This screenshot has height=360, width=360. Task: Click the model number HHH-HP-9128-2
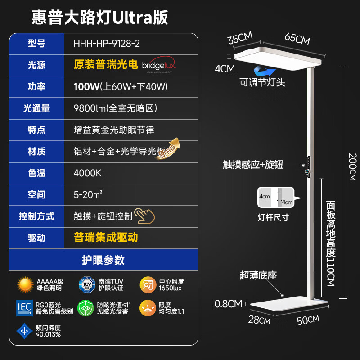click(107, 44)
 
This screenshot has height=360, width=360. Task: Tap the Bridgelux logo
click(160, 65)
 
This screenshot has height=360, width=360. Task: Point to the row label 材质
click(36, 152)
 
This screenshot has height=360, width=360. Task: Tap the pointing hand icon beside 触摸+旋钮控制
click(145, 216)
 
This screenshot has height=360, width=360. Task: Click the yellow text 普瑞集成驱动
click(106, 237)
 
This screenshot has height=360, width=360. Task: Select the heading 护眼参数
click(103, 260)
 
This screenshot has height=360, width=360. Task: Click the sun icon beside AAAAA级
click(26, 284)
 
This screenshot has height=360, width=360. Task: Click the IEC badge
click(24, 307)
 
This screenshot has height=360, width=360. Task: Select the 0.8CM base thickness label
click(228, 304)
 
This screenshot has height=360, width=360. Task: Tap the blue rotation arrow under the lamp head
click(264, 71)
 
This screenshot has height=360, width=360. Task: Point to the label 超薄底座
click(258, 275)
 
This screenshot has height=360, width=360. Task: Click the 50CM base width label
click(307, 320)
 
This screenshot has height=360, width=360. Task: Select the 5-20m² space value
click(88, 195)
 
